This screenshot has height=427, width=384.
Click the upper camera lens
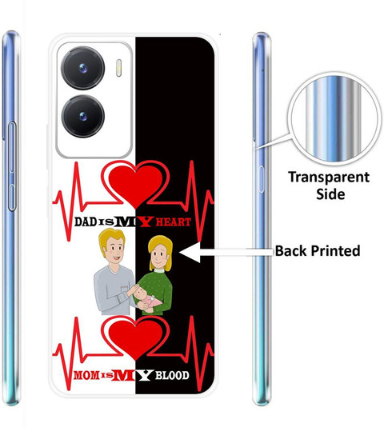(82, 68)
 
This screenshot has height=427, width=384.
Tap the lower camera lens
(82, 116)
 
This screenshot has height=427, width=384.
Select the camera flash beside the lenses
(119, 67)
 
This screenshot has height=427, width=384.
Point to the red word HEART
(173, 222)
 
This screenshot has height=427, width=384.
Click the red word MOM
(86, 376)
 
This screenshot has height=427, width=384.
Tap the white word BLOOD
(172, 375)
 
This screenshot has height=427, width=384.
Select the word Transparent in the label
(329, 178)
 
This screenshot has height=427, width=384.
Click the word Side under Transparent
(330, 194)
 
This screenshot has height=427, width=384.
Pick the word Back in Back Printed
(291, 250)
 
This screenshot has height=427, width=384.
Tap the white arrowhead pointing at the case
(190, 253)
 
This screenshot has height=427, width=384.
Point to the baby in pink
(146, 299)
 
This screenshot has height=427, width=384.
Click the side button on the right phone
(262, 179)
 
